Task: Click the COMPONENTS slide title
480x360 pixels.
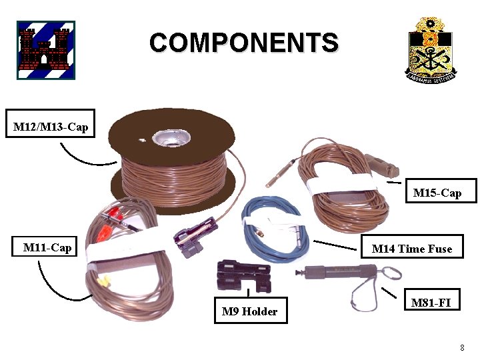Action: click(x=243, y=43)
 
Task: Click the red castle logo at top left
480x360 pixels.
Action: click(x=46, y=50)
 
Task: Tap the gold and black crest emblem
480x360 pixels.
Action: click(x=431, y=49)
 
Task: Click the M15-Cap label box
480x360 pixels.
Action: click(x=437, y=192)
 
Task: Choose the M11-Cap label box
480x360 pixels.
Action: click(x=47, y=247)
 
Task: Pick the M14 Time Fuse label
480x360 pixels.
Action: click(x=411, y=248)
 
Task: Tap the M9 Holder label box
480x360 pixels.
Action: click(x=250, y=311)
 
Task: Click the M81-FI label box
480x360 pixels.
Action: click(x=431, y=302)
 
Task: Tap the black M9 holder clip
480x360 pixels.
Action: click(x=243, y=277)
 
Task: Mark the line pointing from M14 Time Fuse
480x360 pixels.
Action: click(x=333, y=244)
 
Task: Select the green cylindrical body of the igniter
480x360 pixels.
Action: click(x=340, y=272)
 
